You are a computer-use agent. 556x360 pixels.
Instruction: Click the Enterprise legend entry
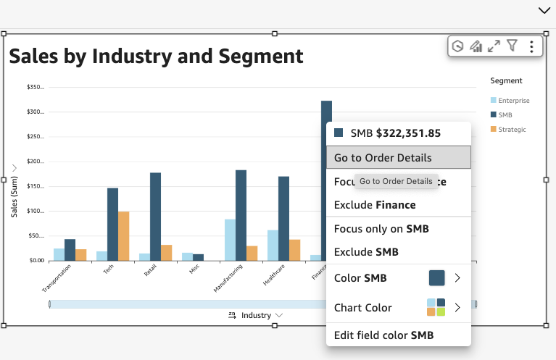510,100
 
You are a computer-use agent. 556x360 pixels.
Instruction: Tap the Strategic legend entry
508,129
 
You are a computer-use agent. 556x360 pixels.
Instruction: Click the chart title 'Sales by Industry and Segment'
156,56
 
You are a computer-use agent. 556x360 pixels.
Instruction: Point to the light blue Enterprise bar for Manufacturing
230,240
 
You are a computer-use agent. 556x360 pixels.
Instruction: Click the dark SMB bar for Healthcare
283,218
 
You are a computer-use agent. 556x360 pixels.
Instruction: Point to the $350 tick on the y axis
35,87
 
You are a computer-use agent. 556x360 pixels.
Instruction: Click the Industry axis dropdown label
255,315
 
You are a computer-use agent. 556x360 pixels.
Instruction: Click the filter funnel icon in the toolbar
512,46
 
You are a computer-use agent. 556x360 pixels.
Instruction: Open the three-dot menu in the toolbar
531,46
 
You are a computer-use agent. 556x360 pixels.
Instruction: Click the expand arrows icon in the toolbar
494,46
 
